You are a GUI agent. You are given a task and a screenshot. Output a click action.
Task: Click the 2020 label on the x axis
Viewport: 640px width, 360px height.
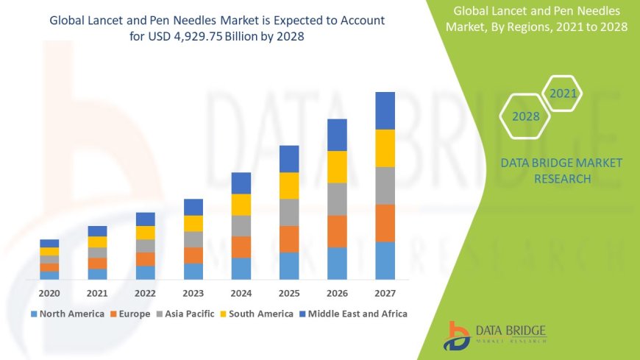click(x=49, y=292)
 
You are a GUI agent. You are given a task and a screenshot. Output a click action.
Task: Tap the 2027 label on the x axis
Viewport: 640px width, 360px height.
click(x=385, y=292)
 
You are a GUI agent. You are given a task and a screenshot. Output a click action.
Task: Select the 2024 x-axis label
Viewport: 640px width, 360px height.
click(x=241, y=292)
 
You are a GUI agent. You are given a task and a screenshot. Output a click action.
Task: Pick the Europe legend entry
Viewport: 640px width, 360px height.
click(x=130, y=314)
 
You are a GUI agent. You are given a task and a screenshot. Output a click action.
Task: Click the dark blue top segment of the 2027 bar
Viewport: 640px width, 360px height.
click(x=385, y=110)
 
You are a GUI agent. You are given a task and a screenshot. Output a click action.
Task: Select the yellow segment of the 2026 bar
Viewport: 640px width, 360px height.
click(x=337, y=166)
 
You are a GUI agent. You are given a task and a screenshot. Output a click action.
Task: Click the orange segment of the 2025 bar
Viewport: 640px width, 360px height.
click(x=289, y=239)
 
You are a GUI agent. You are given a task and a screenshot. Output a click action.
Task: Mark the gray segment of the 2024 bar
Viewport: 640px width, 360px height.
click(x=241, y=225)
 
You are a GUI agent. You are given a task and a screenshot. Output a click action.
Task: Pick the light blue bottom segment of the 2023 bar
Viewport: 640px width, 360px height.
click(x=193, y=272)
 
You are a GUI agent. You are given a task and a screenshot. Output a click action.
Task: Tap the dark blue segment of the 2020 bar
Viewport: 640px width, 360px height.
click(x=49, y=243)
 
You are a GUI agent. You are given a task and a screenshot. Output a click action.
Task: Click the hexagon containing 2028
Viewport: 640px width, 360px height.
click(x=526, y=116)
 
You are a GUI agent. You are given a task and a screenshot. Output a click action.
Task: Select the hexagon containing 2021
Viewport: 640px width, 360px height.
click(x=563, y=93)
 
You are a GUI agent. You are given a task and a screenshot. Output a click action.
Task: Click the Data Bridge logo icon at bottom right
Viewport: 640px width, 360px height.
click(x=457, y=335)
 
